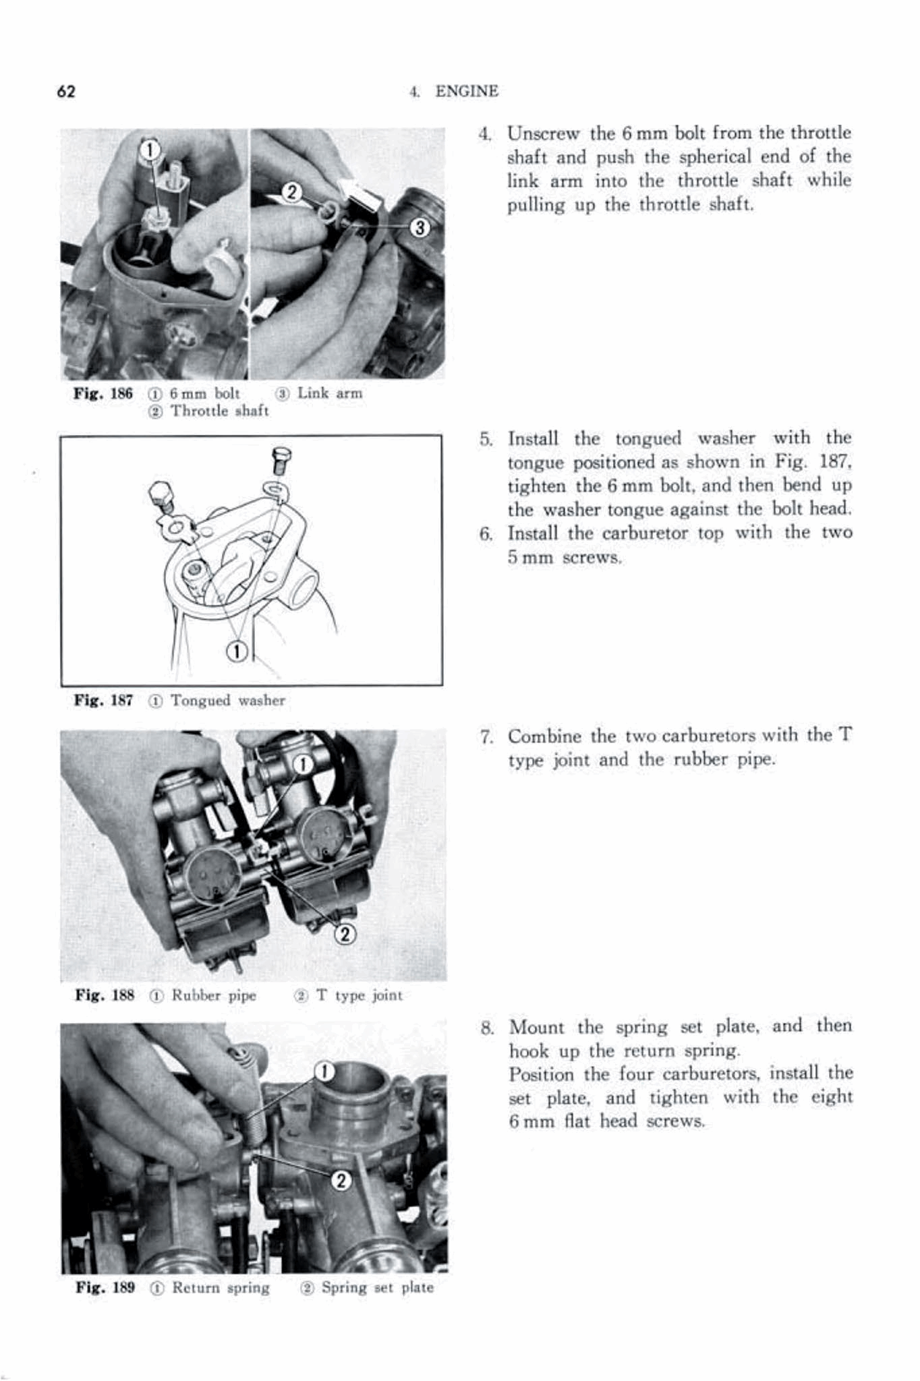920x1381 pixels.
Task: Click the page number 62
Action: [x=66, y=92]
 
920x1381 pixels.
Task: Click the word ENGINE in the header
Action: [x=467, y=92]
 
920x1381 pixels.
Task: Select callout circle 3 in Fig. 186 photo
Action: [x=420, y=228]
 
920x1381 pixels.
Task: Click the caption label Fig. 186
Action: [x=103, y=394]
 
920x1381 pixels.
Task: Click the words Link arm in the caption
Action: [x=330, y=393]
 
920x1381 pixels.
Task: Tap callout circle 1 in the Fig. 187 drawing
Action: [x=237, y=651]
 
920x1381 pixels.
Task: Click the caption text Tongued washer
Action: [x=227, y=701]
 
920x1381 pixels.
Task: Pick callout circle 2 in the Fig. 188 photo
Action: [x=345, y=933]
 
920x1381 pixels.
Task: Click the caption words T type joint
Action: [x=359, y=995]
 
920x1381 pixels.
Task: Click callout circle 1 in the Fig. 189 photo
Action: [x=325, y=1071]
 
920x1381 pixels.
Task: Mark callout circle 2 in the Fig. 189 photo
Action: [x=342, y=1180]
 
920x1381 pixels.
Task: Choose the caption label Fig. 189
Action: [x=105, y=1287]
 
